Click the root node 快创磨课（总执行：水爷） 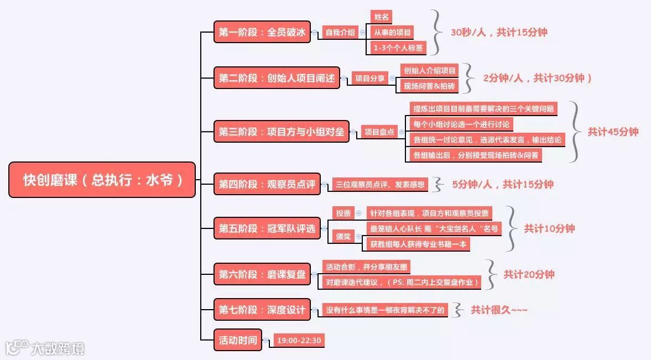click(x=102, y=180)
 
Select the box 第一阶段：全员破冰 click(x=262, y=32)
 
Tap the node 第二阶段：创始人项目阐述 click(x=277, y=78)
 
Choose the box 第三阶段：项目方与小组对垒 click(x=282, y=132)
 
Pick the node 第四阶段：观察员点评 click(x=267, y=184)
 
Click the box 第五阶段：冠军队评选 click(x=267, y=228)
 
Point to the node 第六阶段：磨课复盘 click(x=262, y=274)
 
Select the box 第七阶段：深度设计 click(x=262, y=310)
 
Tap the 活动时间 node click(x=238, y=340)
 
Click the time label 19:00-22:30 click(x=299, y=340)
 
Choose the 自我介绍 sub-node click(x=340, y=32)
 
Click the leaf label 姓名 click(x=382, y=17)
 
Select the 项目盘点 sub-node click(x=379, y=132)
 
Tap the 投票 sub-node click(x=343, y=213)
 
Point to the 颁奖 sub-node click(x=343, y=236)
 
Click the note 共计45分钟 click(x=613, y=132)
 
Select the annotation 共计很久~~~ click(x=499, y=310)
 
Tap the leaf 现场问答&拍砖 click(x=429, y=86)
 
